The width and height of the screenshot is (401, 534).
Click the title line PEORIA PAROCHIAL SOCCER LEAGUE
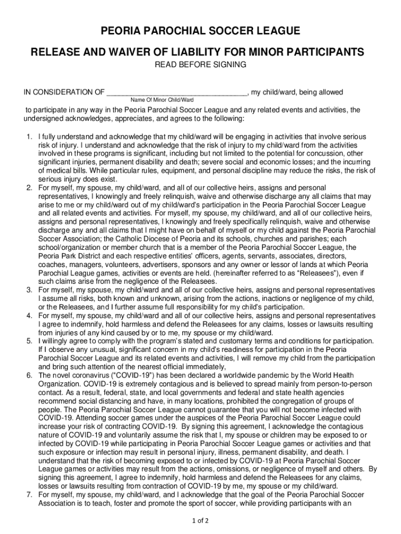click(200, 32)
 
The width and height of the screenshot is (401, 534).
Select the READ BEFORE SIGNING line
click(200, 65)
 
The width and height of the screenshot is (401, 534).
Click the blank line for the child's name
click(177, 92)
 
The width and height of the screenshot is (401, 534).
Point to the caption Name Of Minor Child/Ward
click(162, 100)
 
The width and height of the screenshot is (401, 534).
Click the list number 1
click(30, 137)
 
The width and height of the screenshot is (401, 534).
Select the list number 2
click(30, 187)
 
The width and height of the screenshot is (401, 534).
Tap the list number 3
click(30, 290)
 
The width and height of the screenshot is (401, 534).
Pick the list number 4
click(30, 316)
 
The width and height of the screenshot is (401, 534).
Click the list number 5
click(30, 341)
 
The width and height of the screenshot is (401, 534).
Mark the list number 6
click(30, 375)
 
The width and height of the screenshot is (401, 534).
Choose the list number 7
click(30, 494)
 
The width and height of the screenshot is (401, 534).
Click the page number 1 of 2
click(200, 520)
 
